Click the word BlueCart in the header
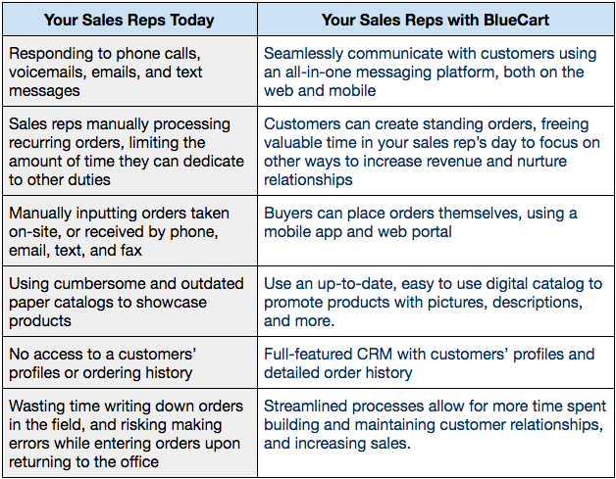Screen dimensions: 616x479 tap(516, 20)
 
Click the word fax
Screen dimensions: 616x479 tap(130, 251)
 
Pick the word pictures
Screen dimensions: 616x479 tap(457, 303)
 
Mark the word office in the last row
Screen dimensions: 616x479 tap(140, 461)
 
